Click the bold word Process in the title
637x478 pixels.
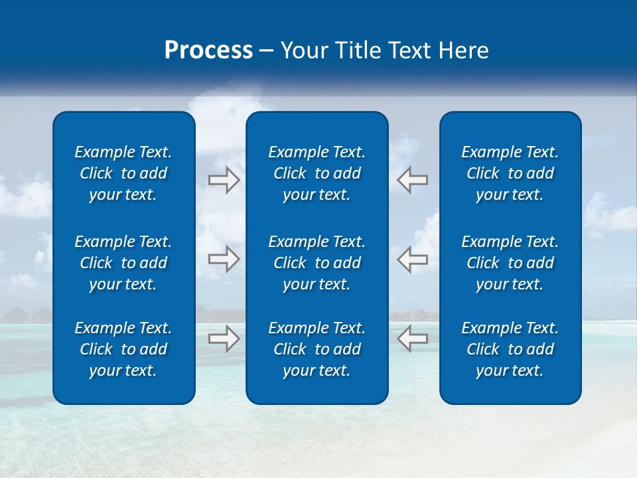(x=208, y=50)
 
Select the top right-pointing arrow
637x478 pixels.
(x=224, y=180)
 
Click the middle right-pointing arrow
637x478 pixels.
(x=224, y=259)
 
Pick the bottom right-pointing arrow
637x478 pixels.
(x=224, y=339)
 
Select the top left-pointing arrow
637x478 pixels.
(x=412, y=180)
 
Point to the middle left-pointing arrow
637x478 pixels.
(x=412, y=259)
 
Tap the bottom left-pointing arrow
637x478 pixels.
(x=412, y=339)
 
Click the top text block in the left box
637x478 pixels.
(x=123, y=173)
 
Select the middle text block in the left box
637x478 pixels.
(x=123, y=263)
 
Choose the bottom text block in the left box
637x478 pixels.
(x=123, y=349)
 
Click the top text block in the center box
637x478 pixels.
(x=317, y=173)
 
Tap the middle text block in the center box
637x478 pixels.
(x=317, y=263)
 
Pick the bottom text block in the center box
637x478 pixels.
(x=317, y=349)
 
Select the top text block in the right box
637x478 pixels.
(x=510, y=173)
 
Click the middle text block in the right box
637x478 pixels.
(x=510, y=263)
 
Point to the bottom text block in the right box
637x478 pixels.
(x=510, y=349)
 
